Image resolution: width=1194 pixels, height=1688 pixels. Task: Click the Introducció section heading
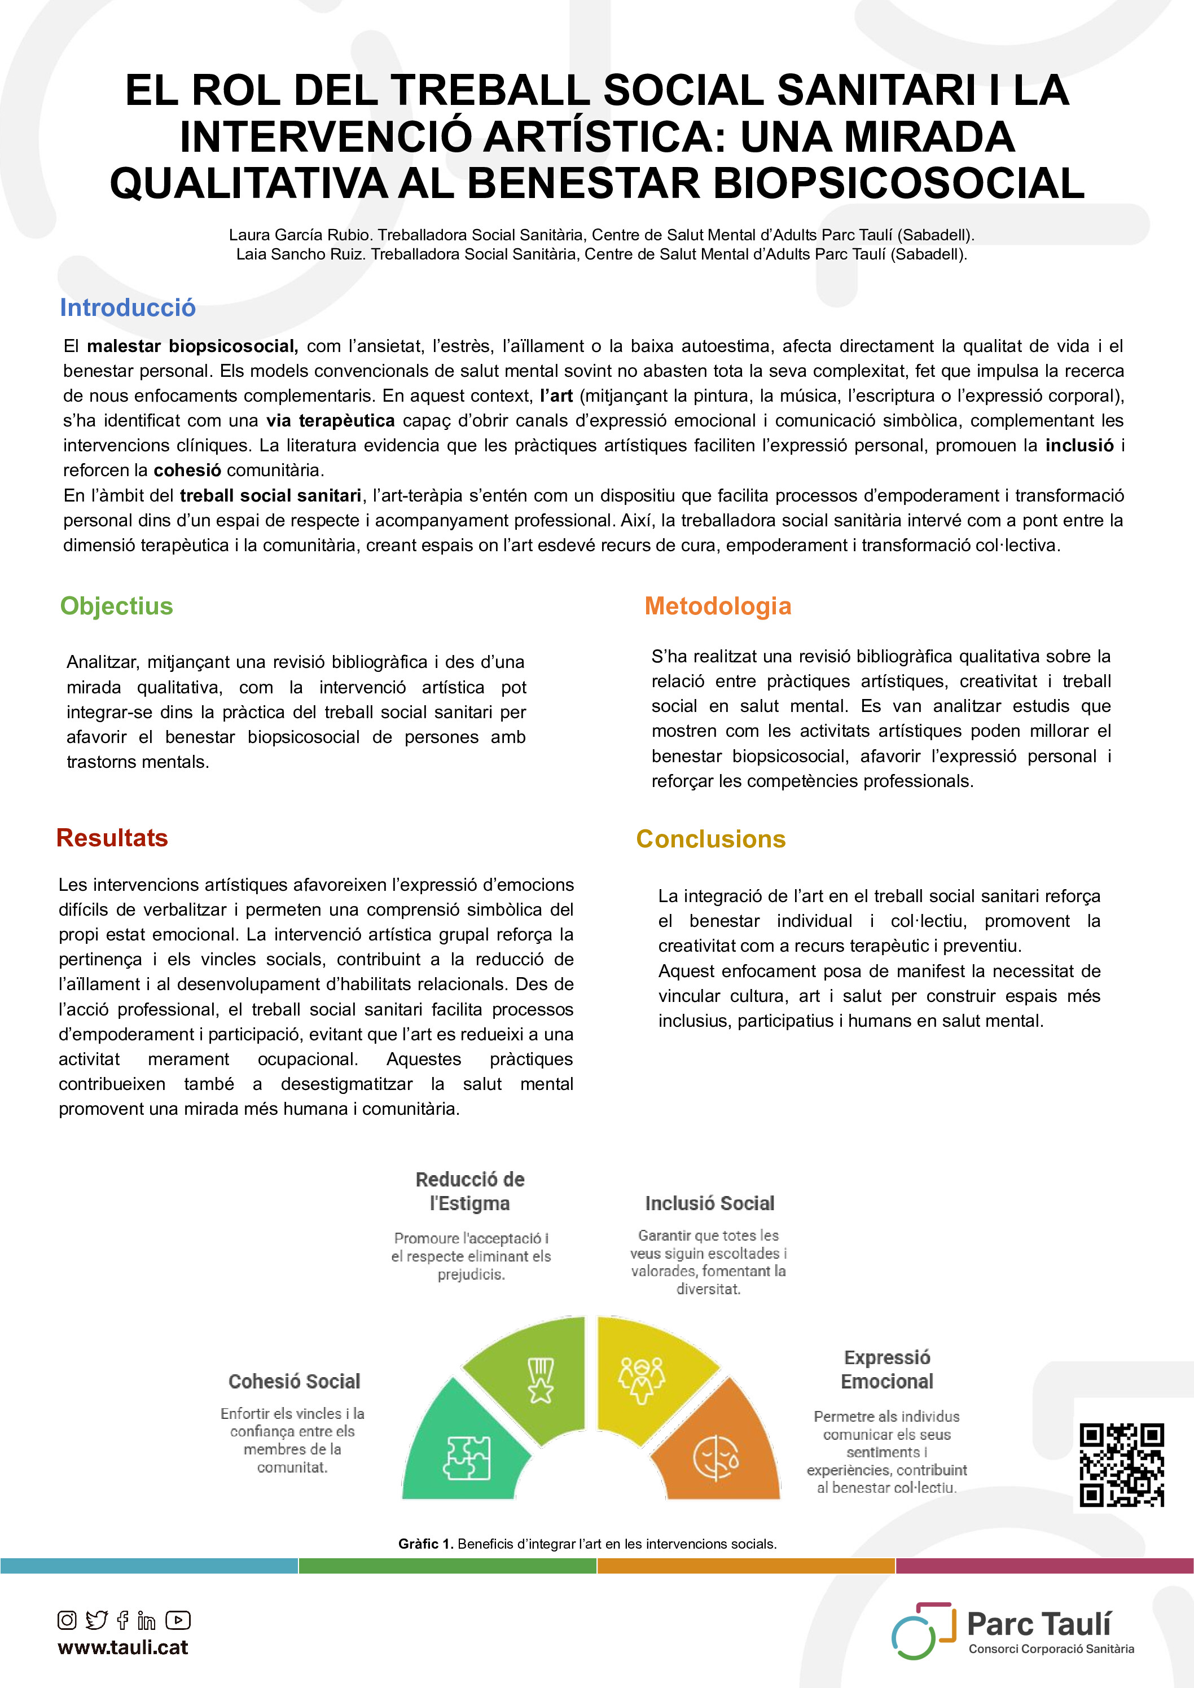point(128,307)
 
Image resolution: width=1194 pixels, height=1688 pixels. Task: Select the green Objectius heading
point(116,606)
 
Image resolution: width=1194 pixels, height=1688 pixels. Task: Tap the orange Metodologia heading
point(718,606)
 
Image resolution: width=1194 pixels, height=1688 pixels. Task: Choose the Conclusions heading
point(710,839)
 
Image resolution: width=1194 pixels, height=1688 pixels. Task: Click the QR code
point(1121,1465)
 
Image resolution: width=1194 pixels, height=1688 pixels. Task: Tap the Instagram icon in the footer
point(67,1620)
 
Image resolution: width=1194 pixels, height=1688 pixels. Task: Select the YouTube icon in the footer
point(178,1620)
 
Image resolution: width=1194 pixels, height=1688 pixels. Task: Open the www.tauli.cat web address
point(123,1647)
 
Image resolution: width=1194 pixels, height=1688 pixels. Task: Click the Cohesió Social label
point(294,1382)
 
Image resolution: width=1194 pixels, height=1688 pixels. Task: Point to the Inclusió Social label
point(709,1203)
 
